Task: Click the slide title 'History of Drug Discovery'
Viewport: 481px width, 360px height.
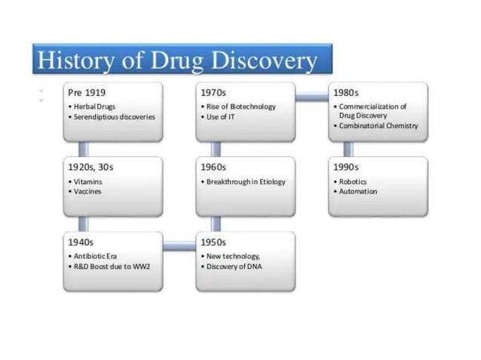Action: pyautogui.click(x=178, y=59)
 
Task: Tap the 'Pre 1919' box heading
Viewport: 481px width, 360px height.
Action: pyautogui.click(x=86, y=93)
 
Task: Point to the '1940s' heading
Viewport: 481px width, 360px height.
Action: pyautogui.click(x=81, y=242)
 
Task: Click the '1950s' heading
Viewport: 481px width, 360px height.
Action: pyautogui.click(x=213, y=242)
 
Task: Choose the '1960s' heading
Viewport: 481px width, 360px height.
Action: pyautogui.click(x=213, y=167)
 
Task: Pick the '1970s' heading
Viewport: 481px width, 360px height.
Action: pyautogui.click(x=213, y=93)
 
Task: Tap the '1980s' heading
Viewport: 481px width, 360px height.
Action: pyautogui.click(x=346, y=93)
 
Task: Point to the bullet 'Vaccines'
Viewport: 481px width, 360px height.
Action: pyautogui.click(x=87, y=191)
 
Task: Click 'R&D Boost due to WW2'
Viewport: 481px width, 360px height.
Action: pyautogui.click(x=109, y=266)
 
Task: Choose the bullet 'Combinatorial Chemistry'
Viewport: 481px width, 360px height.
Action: pyautogui.click(x=378, y=126)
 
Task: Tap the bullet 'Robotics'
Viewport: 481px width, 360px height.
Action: pyautogui.click(x=352, y=182)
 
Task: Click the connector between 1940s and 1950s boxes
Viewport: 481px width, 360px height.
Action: pyautogui.click(x=179, y=245)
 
